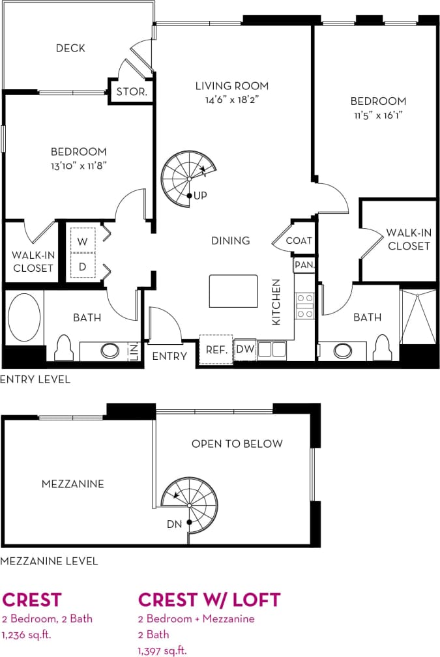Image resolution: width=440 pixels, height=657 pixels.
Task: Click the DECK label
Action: click(70, 48)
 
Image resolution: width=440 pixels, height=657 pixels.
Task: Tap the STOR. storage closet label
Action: click(132, 92)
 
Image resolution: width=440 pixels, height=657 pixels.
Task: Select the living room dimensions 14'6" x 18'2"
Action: click(232, 100)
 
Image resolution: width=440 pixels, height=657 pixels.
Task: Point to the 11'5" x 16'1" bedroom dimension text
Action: click(378, 115)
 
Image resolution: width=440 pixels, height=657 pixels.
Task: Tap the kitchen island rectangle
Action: click(233, 291)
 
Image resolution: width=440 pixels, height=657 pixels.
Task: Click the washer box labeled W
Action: click(83, 241)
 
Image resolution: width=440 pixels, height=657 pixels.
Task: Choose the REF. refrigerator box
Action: click(216, 350)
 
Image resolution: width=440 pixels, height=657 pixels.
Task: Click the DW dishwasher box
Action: click(244, 349)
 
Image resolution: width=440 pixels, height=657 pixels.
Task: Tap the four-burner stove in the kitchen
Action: click(305, 306)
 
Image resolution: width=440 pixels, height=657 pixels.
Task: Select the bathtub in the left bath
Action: click(24, 317)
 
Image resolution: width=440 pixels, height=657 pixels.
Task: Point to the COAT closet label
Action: click(299, 241)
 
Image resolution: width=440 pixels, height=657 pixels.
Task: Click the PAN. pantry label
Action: click(304, 265)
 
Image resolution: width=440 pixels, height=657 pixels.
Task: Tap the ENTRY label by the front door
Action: click(169, 356)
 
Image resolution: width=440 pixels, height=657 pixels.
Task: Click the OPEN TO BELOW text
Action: click(237, 444)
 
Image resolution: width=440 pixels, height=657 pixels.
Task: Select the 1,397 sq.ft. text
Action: click(162, 650)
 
